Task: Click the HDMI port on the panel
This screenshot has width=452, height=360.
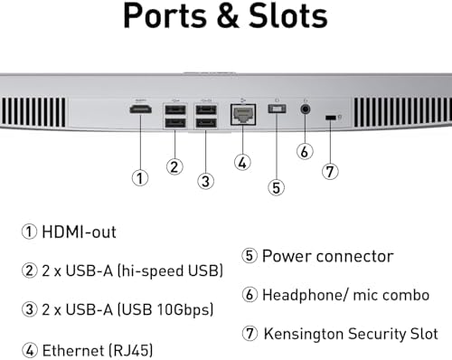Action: pyautogui.click(x=141, y=109)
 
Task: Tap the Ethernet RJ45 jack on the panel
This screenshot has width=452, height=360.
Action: pyautogui.click(x=243, y=115)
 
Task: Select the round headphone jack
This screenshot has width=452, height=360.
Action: pyautogui.click(x=306, y=109)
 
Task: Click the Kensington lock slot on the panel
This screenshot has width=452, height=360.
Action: pyautogui.click(x=331, y=118)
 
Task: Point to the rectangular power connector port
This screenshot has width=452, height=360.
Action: pyautogui.click(x=277, y=109)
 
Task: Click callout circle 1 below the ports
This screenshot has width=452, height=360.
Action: pyautogui.click(x=140, y=178)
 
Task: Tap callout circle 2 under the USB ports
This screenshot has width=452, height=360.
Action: pyautogui.click(x=174, y=166)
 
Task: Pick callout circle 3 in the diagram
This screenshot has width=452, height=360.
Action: pyautogui.click(x=206, y=181)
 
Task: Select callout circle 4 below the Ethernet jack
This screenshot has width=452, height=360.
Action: pyautogui.click(x=242, y=163)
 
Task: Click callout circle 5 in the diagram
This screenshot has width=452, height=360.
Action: pyautogui.click(x=277, y=187)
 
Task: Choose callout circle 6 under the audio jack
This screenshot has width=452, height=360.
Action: pyautogui.click(x=305, y=151)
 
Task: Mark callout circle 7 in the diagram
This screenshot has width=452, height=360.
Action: pyautogui.click(x=330, y=172)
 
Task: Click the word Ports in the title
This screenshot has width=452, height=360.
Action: pyautogui.click(x=165, y=15)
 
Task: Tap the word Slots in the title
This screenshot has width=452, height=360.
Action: pyautogui.click(x=288, y=15)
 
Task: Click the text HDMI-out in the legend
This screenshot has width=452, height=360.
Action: pyautogui.click(x=79, y=232)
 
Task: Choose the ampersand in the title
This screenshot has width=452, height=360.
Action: pyautogui.click(x=228, y=15)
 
